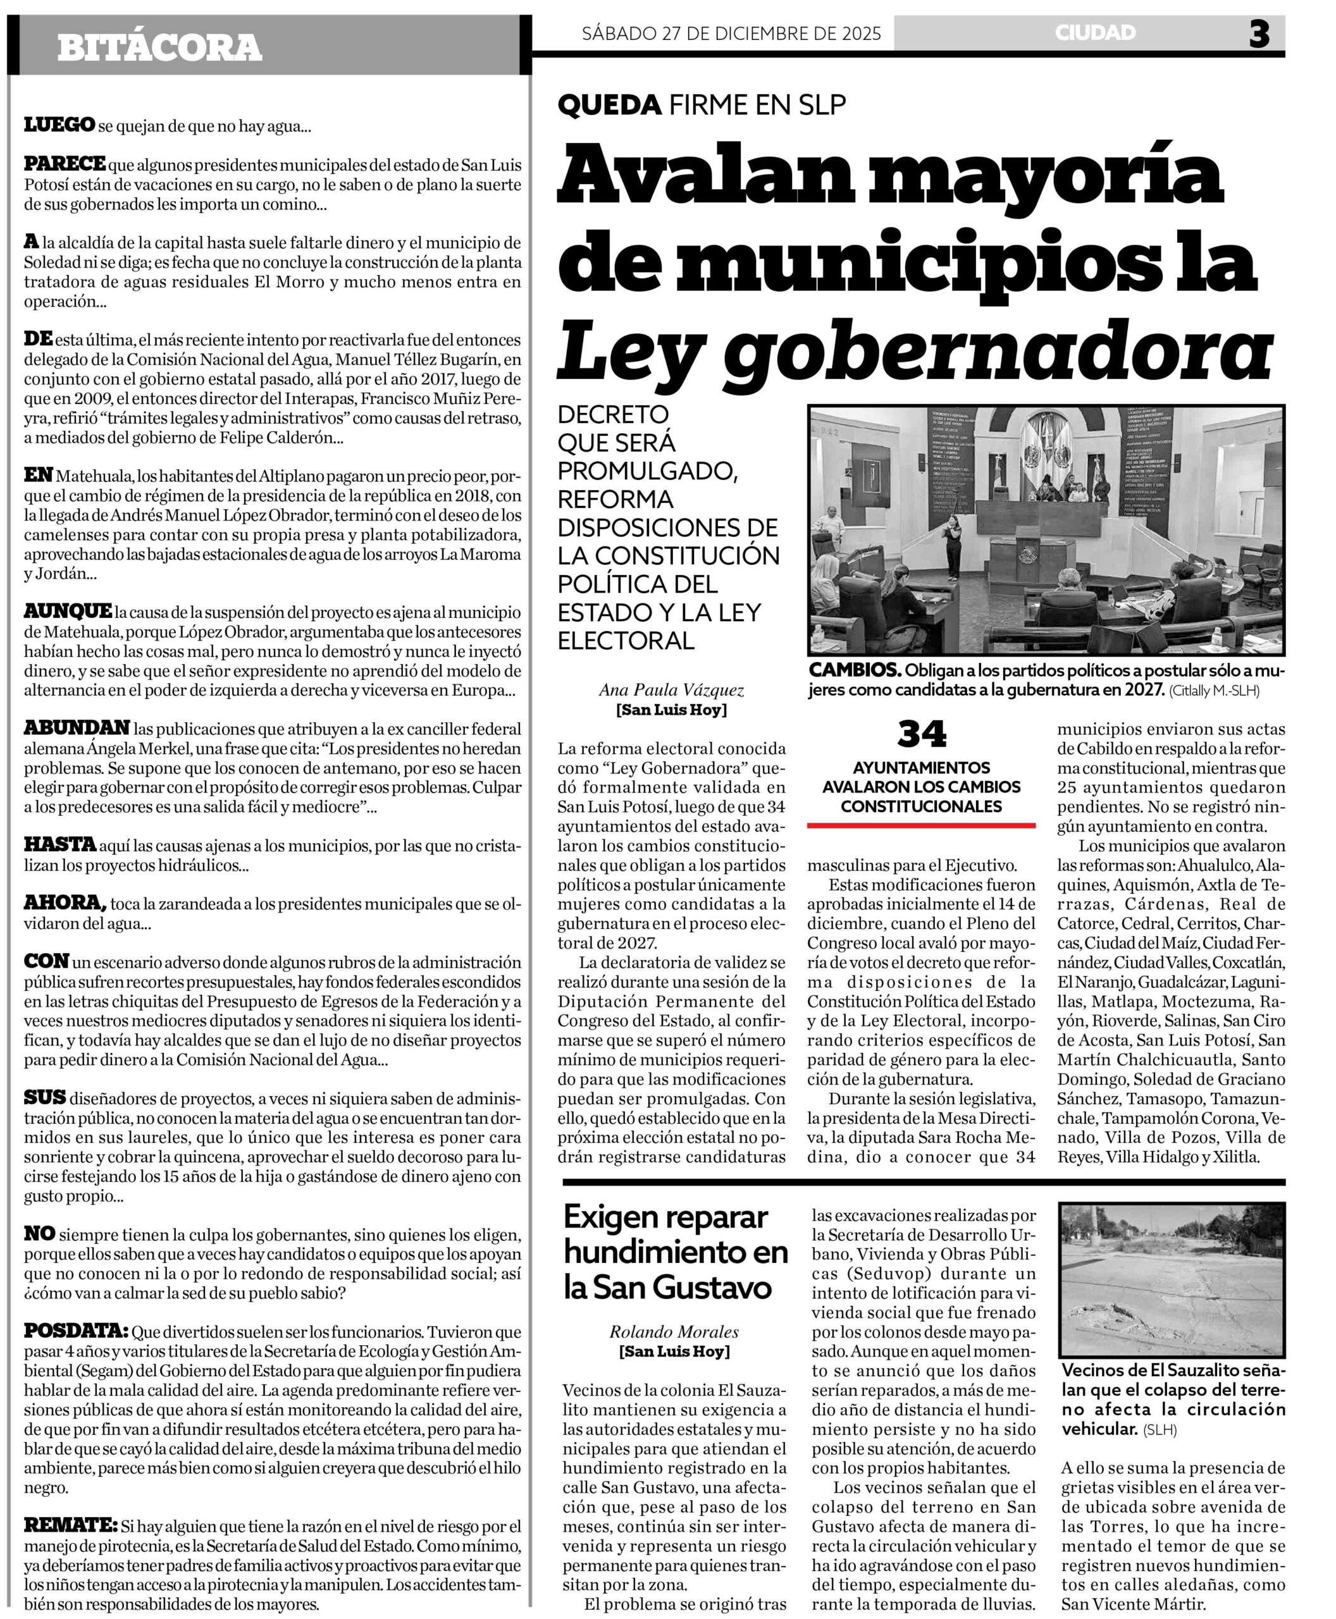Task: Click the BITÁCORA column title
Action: [x=159, y=47]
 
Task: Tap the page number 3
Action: [x=1259, y=34]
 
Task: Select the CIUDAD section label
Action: [x=1094, y=33]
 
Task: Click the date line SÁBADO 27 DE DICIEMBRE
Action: [x=731, y=34]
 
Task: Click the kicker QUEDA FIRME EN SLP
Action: [x=702, y=104]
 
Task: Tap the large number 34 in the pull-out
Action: [x=921, y=734]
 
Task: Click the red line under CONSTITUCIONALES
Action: [x=921, y=826]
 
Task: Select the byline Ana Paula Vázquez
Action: [x=671, y=690]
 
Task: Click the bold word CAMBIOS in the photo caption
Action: [x=854, y=670]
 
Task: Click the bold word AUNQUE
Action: [x=68, y=612]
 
